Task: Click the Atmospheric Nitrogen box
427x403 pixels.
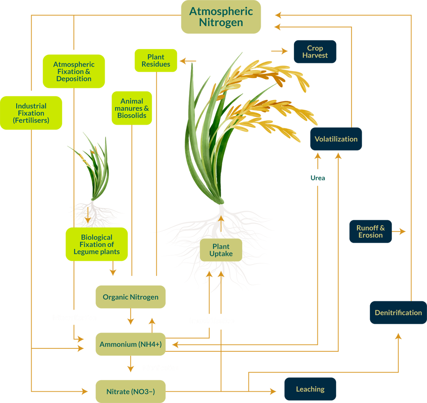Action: point(221,17)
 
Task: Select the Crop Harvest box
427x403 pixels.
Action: point(315,52)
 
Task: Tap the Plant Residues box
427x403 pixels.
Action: point(156,60)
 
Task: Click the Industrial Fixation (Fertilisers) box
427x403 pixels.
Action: point(31,113)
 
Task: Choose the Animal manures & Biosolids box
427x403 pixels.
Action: point(132,108)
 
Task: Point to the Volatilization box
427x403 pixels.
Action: point(336,139)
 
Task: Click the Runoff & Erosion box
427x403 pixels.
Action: point(370,231)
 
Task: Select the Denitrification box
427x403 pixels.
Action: point(398,313)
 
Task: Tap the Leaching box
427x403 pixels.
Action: point(310,389)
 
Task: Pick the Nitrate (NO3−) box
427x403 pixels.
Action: point(131,391)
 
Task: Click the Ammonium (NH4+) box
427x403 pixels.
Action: point(131,344)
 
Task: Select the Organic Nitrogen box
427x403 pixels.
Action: point(131,297)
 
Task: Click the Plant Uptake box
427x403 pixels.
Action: point(221,250)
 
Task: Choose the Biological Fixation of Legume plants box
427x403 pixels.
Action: point(97,244)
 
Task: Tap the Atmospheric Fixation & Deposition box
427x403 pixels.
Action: point(74,71)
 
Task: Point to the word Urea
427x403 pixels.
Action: point(318,178)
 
